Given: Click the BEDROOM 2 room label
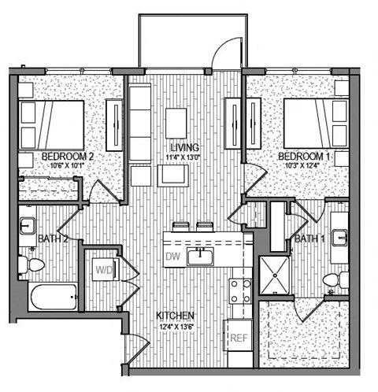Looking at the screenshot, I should point(68,157).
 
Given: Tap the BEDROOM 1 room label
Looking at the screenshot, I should point(304,157).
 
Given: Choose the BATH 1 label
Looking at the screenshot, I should point(312,238).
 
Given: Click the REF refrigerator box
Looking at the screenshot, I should point(239,338).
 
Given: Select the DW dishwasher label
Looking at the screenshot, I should point(173,257).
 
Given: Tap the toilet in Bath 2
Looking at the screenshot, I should point(33,266).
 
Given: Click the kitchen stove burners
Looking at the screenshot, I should point(240,290).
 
